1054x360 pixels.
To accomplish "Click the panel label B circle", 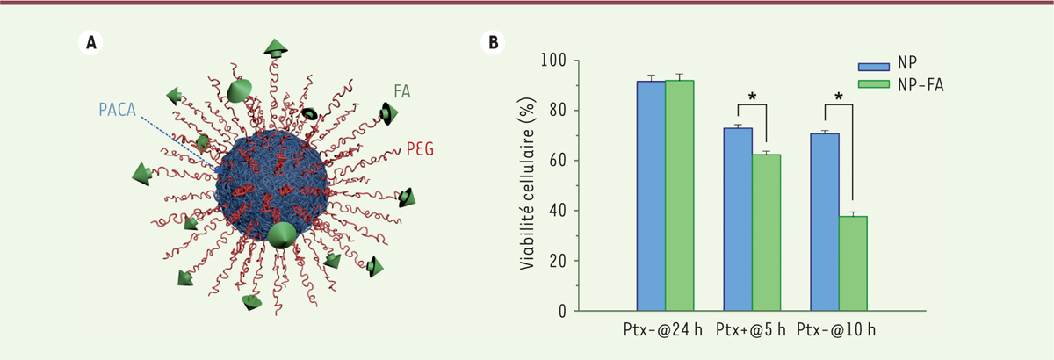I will click(x=495, y=41).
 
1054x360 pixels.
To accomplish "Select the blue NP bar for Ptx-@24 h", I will click(x=651, y=196).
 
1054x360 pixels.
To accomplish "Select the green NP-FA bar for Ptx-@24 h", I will click(x=680, y=196).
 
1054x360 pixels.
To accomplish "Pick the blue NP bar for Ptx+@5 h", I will click(x=738, y=220).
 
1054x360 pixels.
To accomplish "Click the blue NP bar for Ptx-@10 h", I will click(x=825, y=222).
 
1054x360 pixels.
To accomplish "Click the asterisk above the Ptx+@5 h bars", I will click(x=753, y=97).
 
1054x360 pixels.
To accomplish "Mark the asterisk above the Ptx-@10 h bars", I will click(x=840, y=97).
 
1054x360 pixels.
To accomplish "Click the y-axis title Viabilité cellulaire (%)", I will click(x=531, y=185).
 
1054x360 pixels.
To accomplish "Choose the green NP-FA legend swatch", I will click(x=875, y=85).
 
